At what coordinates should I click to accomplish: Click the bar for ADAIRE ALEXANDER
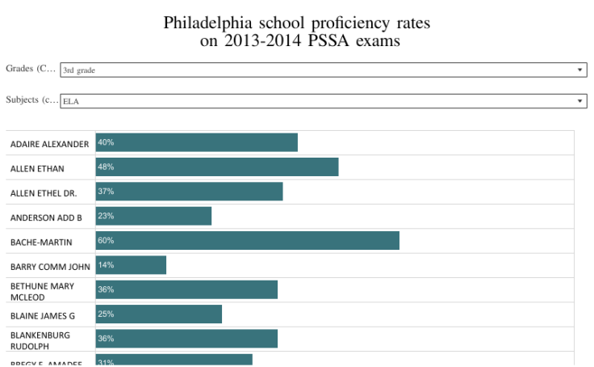click(196, 142)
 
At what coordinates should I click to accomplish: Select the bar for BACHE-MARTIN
click(247, 241)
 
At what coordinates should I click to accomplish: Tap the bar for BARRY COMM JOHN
click(131, 265)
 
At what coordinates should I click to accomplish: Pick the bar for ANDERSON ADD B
click(153, 216)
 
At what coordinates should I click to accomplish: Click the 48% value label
click(106, 167)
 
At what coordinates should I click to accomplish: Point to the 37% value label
click(106, 192)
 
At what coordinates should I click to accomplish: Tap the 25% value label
click(106, 314)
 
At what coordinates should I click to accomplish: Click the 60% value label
click(106, 240)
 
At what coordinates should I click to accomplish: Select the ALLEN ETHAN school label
click(37, 169)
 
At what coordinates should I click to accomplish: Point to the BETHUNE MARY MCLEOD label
click(42, 291)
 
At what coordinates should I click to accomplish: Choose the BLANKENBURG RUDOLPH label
click(40, 340)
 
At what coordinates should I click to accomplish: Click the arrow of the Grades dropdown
click(579, 70)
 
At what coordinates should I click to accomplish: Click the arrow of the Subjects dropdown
click(579, 101)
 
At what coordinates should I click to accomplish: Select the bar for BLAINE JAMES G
click(158, 314)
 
